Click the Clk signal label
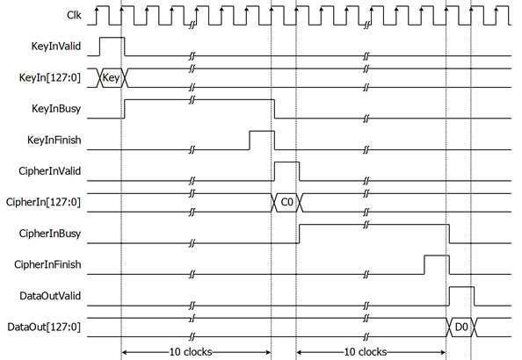[74, 15]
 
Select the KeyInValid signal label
[56, 46]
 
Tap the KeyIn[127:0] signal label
[50, 77]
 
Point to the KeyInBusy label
[56, 109]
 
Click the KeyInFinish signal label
[54, 140]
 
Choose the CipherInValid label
[49, 171]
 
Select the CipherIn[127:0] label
[43, 202]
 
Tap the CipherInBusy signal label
[50, 234]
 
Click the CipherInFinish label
[47, 264]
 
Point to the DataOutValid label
[50, 296]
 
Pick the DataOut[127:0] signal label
[44, 327]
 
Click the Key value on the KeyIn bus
[111, 78]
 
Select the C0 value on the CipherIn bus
[287, 202]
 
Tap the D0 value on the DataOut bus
[461, 328]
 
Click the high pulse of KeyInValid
[112, 38]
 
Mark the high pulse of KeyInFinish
[262, 131]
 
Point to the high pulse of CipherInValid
[286, 162]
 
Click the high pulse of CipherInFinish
[437, 256]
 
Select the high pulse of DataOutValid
[461, 287]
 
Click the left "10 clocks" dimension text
[191, 352]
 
